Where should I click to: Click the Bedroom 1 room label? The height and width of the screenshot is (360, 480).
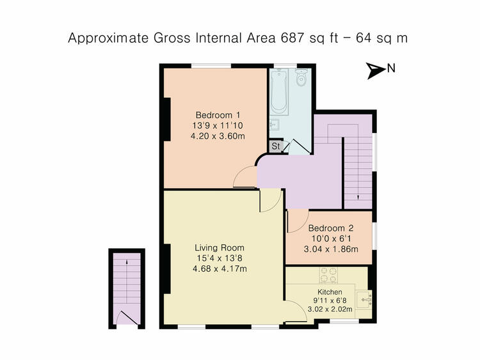(x=218, y=115)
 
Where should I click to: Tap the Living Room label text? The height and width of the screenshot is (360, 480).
(x=220, y=247)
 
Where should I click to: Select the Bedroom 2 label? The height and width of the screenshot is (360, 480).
(x=331, y=228)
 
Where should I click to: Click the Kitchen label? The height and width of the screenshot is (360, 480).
(x=330, y=292)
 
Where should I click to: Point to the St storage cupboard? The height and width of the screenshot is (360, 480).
(x=275, y=146)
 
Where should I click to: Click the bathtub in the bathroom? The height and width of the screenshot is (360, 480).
(x=278, y=91)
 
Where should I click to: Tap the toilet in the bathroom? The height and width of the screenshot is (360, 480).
(x=301, y=77)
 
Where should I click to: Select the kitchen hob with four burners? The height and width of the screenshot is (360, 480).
(x=328, y=275)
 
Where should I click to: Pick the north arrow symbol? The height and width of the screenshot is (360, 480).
(x=375, y=70)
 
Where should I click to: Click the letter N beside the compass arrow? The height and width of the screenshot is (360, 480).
(x=391, y=68)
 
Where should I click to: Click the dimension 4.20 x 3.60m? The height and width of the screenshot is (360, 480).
(x=218, y=136)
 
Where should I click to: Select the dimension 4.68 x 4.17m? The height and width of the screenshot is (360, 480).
(x=220, y=269)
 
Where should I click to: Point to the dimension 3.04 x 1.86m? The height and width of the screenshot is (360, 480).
(x=331, y=249)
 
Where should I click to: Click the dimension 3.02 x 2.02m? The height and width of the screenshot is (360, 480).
(x=330, y=309)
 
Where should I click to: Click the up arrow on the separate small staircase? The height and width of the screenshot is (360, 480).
(x=127, y=262)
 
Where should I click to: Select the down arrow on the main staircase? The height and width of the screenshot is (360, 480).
(x=358, y=197)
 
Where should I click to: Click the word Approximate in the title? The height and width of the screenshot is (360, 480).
(x=109, y=38)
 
